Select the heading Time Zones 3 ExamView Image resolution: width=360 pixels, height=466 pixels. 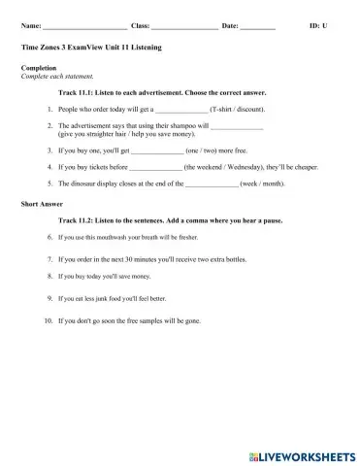pos(91,47)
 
